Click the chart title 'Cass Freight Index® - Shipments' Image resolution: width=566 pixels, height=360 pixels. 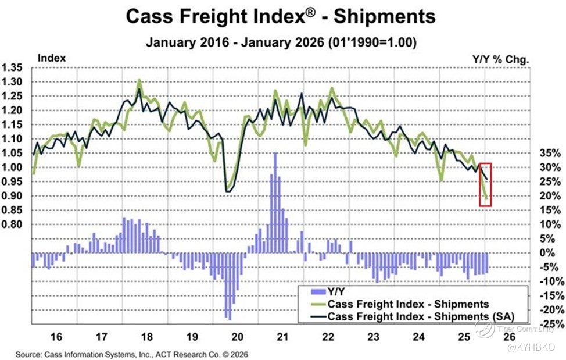[x=280, y=17]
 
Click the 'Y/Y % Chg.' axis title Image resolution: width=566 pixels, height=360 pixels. [x=504, y=58]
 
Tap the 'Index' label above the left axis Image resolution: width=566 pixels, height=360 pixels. [x=52, y=58]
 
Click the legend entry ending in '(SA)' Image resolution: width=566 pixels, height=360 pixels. [x=413, y=316]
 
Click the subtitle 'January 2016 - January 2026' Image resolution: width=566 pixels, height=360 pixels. [x=281, y=42]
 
